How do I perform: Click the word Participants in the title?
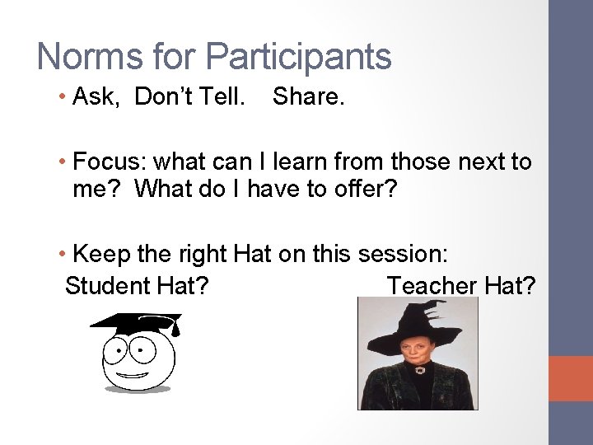tap(298, 57)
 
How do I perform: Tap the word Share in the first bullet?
tap(306, 97)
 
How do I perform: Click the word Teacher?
tap(432, 286)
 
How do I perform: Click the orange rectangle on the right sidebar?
tap(570, 378)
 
